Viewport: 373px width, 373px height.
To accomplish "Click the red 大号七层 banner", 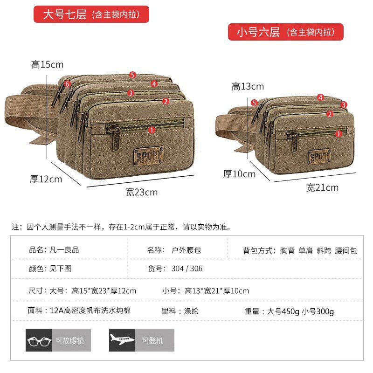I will pos(91,14).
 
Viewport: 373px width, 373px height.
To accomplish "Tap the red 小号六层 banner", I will pos(285,32).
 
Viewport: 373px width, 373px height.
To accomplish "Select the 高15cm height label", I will pos(47,64).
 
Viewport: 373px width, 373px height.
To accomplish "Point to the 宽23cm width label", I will pos(141,192).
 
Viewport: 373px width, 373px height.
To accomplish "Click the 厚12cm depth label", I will pos(46,179).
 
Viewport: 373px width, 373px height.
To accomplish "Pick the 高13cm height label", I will pos(248,86).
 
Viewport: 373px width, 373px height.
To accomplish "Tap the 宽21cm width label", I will pos(322,188).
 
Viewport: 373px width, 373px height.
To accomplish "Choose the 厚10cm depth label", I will pos(239,174).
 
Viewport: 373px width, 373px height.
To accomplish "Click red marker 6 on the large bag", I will pos(68,84).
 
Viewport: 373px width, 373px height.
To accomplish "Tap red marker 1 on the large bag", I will pos(151,130).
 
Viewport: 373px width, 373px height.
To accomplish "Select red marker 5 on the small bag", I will pos(254,103).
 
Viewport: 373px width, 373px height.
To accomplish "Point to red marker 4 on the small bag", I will pos(320,97).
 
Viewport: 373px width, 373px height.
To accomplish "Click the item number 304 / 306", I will pos(186,269).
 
